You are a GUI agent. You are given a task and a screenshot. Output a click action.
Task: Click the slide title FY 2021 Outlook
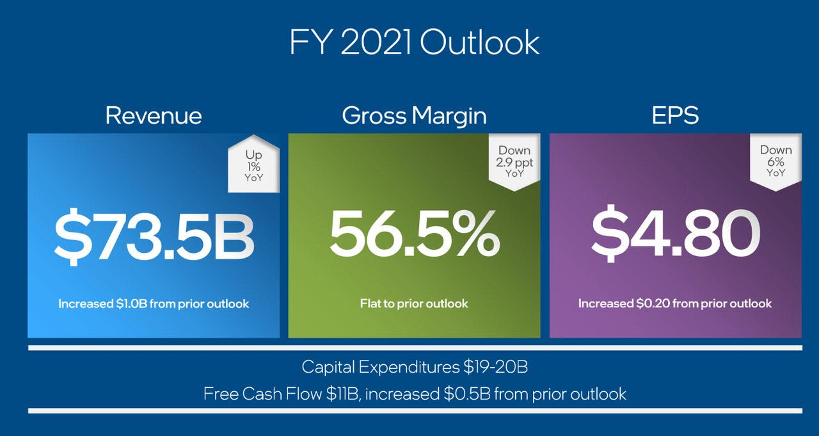click(414, 42)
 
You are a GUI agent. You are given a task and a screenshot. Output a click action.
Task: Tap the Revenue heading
click(154, 116)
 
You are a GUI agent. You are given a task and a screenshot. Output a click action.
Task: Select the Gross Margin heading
click(414, 117)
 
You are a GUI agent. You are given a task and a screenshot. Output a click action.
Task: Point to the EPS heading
click(675, 115)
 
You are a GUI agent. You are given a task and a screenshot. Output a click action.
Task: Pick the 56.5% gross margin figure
click(415, 234)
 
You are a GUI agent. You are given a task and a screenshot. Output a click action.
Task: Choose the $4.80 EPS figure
click(676, 233)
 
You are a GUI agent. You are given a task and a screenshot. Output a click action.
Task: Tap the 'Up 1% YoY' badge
click(254, 164)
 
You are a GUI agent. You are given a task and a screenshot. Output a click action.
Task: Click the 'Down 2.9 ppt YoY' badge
click(514, 162)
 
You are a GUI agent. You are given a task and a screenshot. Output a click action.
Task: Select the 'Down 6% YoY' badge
click(776, 162)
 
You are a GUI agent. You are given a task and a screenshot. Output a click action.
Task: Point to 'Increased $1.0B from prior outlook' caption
click(154, 303)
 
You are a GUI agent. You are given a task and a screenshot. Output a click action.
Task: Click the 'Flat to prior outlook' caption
click(414, 303)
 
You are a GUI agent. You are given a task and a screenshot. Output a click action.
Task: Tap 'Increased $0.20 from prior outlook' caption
click(675, 303)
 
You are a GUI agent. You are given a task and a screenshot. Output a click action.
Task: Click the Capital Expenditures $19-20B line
click(415, 367)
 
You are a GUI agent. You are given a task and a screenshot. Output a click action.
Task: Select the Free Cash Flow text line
click(415, 394)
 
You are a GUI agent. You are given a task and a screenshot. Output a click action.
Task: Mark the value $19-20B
click(495, 367)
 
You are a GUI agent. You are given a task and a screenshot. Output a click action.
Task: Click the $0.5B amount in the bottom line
click(467, 394)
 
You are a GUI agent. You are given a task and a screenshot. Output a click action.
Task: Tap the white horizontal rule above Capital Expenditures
click(415, 348)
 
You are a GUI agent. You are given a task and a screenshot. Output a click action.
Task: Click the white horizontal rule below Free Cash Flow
click(415, 411)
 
